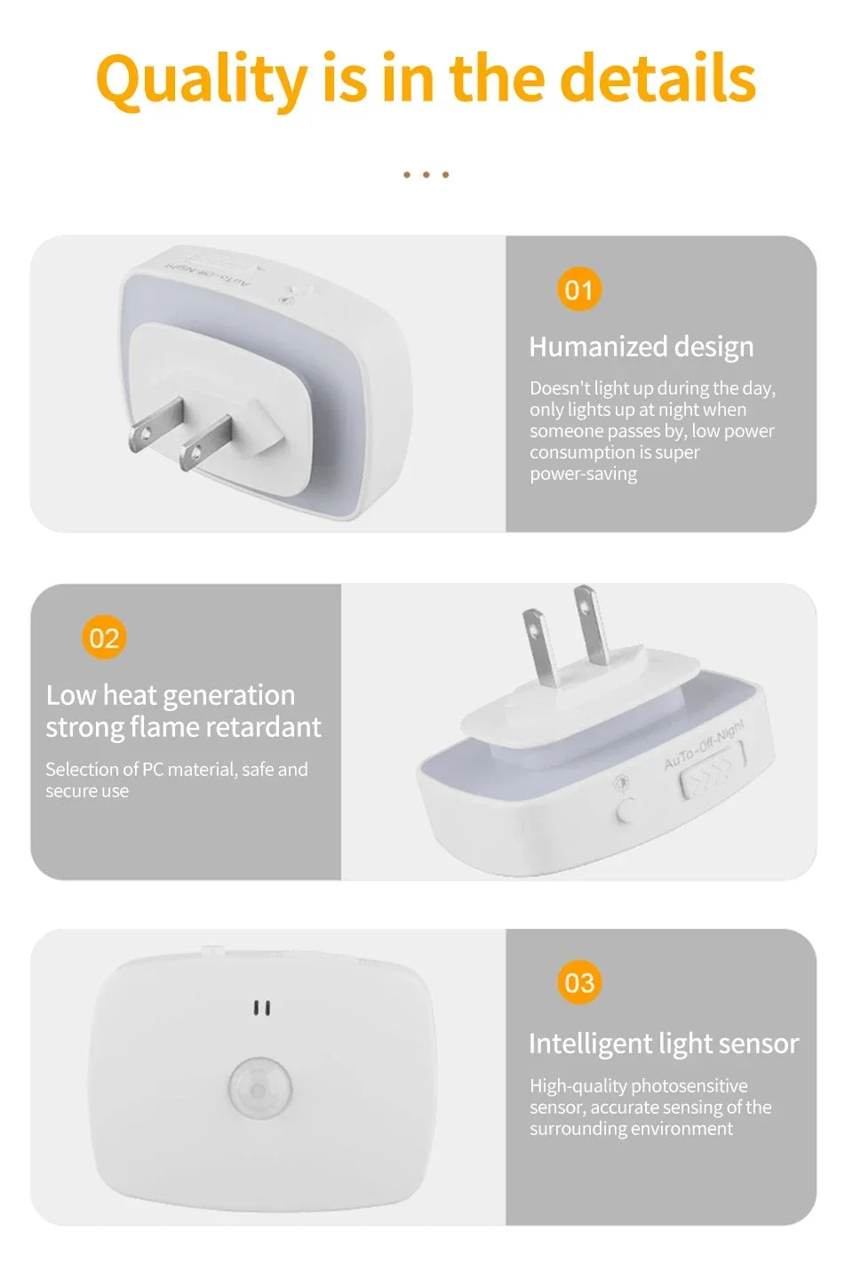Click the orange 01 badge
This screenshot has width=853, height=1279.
579,290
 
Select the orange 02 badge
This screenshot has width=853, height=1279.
104,638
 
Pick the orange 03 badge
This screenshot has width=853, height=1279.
579,983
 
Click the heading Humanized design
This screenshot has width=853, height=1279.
641,347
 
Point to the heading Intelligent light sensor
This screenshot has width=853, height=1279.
663,1043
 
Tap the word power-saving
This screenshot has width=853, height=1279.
583,474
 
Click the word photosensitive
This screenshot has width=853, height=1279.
690,1086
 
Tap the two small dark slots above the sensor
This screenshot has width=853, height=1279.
262,1008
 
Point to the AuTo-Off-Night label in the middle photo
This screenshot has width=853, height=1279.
704,745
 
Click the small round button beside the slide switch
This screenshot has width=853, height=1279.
626,811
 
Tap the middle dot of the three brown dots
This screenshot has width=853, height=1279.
426,175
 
